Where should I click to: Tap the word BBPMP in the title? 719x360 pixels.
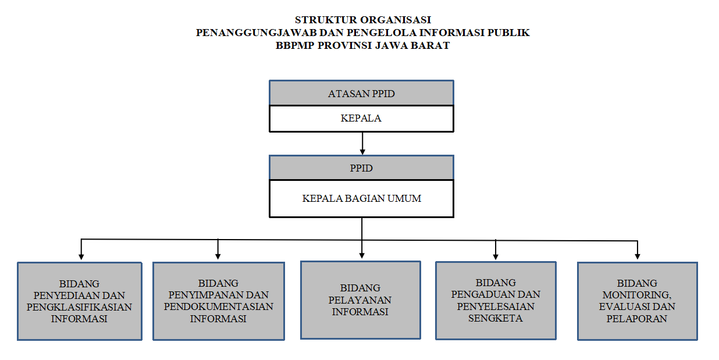[295, 45]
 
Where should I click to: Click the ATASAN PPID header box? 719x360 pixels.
[361, 92]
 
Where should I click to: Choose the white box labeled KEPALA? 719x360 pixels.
[361, 119]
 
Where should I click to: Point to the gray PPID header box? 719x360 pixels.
[361, 167]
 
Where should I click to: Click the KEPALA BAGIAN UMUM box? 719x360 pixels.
[361, 198]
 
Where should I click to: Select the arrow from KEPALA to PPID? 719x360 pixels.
[362, 144]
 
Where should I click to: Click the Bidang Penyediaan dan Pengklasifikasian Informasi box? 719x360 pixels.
[80, 301]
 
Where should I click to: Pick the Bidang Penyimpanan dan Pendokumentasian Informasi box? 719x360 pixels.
[219, 301]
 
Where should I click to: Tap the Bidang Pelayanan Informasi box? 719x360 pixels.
[361, 300]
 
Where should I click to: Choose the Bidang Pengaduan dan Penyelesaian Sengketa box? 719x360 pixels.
[496, 301]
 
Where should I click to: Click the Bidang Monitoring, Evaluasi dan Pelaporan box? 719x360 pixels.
[638, 301]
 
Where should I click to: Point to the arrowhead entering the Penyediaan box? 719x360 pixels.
[81, 256]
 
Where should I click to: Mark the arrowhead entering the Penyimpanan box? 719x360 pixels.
[218, 256]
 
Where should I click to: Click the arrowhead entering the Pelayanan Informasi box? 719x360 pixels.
[362, 256]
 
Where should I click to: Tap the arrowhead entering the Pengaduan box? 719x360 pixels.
[496, 256]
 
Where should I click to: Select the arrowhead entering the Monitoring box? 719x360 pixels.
[638, 256]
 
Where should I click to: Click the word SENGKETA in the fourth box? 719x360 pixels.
[495, 318]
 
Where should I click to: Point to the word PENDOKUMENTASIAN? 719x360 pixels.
[218, 306]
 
